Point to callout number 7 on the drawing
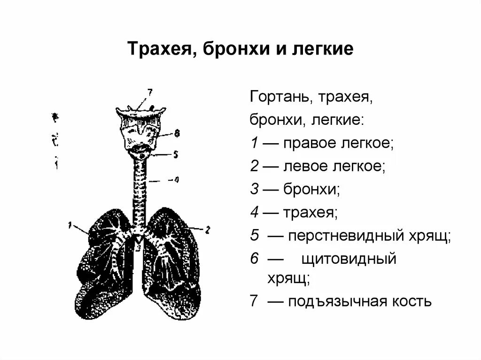(x=149, y=92)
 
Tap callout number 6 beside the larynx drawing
(x=177, y=133)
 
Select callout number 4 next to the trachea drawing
(x=176, y=179)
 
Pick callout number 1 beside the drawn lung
(x=70, y=225)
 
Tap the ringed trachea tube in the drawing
(x=140, y=192)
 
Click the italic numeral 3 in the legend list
(x=254, y=190)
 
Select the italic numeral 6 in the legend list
(x=254, y=259)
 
